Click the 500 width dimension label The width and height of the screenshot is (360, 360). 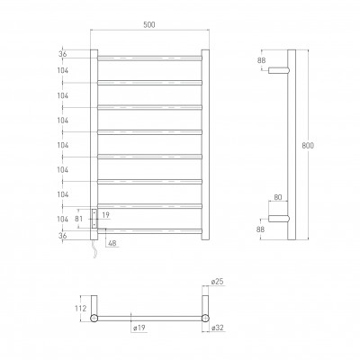[x=148, y=24]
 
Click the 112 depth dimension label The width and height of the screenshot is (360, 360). [x=81, y=309]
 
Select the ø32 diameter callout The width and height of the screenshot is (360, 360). [x=218, y=330]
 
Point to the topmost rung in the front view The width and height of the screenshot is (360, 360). [x=149, y=59]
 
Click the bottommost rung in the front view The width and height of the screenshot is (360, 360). [x=149, y=232]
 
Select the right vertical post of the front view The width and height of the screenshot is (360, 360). [x=205, y=144]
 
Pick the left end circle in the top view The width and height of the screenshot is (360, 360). [x=94, y=319]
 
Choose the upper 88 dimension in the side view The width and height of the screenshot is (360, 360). [x=263, y=61]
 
